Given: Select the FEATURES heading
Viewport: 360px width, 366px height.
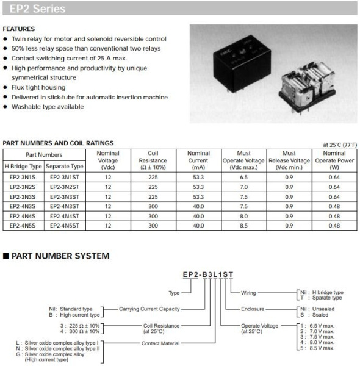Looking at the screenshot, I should click(x=19, y=29).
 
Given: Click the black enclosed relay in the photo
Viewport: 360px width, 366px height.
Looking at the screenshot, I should click(x=235, y=62).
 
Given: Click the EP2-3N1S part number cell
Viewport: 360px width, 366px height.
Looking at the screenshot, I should click(x=23, y=177).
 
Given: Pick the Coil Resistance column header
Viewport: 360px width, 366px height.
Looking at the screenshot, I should click(x=153, y=160).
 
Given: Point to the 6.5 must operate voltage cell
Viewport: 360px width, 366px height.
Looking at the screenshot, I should click(x=244, y=177).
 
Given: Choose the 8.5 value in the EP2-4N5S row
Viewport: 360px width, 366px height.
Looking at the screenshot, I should click(x=244, y=226).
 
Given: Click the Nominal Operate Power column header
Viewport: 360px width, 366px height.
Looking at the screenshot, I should click(x=334, y=160).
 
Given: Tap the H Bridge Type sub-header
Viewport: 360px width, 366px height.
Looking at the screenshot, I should click(x=23, y=166).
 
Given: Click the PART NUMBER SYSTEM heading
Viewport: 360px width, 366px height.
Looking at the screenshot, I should click(x=60, y=256).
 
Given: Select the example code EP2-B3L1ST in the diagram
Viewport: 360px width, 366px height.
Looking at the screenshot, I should click(x=208, y=275).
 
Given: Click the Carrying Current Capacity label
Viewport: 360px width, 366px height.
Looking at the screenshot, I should click(x=149, y=309).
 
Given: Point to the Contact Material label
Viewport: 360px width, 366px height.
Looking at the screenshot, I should click(x=161, y=343).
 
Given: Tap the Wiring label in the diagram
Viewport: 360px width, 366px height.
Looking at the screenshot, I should click(x=248, y=293).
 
